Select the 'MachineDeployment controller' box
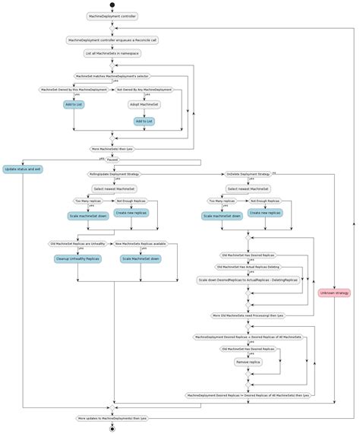coord(112,16)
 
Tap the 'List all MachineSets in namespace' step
coord(112,53)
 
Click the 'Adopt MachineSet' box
coord(144,104)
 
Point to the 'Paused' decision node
coord(112,160)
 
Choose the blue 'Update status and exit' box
coord(23,169)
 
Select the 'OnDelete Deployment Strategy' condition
coord(248,174)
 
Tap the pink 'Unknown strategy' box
coord(334,293)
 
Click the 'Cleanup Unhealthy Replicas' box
coord(77,258)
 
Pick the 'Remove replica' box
coord(248,363)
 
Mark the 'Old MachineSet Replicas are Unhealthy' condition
coord(77,244)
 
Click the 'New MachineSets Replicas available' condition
coord(141,244)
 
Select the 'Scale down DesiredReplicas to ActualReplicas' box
coord(248,280)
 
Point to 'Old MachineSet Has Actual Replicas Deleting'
coord(248,267)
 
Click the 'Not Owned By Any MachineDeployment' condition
coord(144,90)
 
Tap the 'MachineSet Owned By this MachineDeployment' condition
coord(74,90)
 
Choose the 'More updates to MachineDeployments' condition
coord(112,418)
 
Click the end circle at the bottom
coord(112,429)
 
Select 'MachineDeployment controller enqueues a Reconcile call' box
coord(112,40)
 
